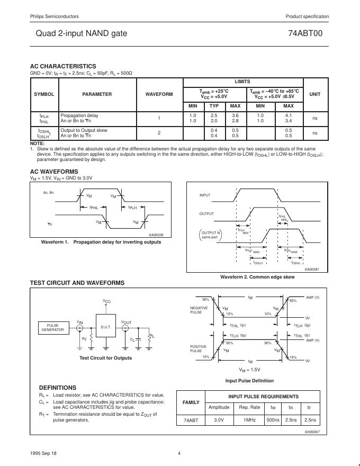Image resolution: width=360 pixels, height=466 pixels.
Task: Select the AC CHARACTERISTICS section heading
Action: [63, 66]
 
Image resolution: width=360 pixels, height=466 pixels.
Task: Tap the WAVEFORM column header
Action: [159, 94]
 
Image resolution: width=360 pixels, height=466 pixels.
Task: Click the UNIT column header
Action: [314, 94]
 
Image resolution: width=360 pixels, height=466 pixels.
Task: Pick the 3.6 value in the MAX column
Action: [235, 115]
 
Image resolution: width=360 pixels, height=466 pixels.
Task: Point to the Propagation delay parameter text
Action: [79, 115]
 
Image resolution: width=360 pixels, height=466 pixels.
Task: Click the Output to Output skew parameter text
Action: [84, 130]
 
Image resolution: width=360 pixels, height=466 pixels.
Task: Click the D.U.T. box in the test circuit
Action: [106, 328]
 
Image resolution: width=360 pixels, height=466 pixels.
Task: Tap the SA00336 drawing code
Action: [156, 235]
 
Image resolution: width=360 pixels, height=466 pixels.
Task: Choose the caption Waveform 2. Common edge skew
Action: [257, 277]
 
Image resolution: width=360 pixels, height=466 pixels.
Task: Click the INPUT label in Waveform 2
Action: [205, 195]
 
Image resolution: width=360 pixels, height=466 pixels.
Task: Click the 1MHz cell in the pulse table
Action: [249, 420]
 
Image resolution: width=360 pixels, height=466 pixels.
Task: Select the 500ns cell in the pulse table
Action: [273, 420]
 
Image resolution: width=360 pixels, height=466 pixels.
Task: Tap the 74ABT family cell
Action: [191, 420]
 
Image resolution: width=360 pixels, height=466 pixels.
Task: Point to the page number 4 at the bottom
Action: [179, 453]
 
